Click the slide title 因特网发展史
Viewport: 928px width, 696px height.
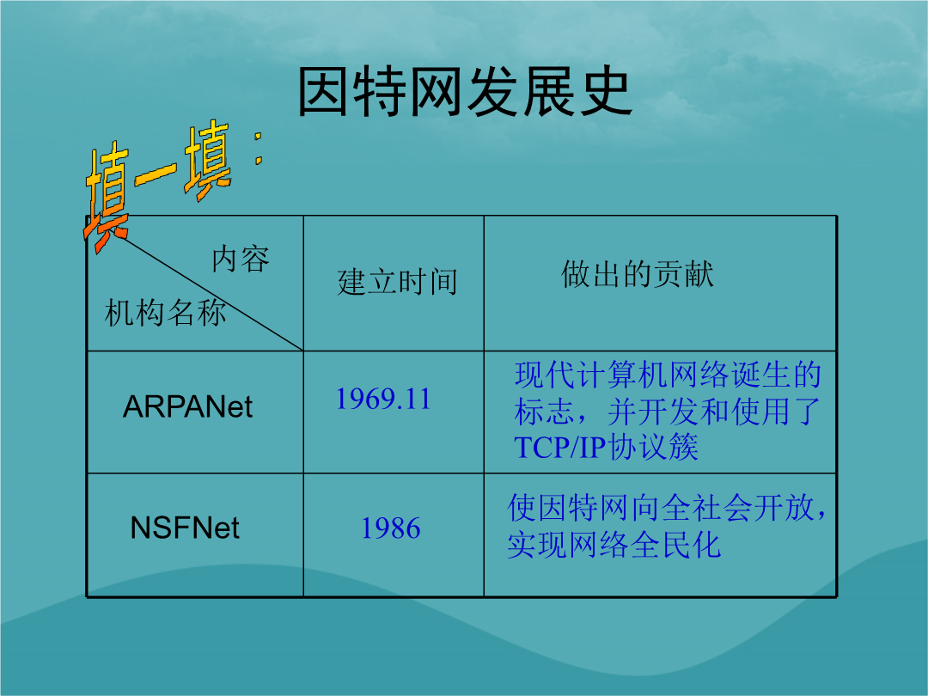(x=465, y=92)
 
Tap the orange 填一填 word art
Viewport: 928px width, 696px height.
(x=159, y=184)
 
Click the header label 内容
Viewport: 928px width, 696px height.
(x=241, y=259)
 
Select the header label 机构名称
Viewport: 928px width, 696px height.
(x=165, y=313)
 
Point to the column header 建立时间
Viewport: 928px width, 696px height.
(x=398, y=282)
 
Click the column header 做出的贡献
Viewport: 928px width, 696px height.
(x=638, y=274)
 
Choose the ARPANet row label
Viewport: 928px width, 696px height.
(x=187, y=407)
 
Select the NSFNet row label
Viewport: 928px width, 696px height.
(x=185, y=528)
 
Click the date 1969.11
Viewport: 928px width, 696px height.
(x=383, y=399)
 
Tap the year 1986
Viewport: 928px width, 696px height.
(x=391, y=528)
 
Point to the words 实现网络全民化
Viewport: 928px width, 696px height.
(x=614, y=545)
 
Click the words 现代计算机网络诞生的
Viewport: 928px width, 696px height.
(x=669, y=375)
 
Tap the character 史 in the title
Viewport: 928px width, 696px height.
(x=607, y=92)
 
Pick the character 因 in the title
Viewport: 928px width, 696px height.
(x=323, y=92)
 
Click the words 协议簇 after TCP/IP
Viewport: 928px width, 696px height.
(x=653, y=448)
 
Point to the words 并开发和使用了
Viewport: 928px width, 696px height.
(x=714, y=412)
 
